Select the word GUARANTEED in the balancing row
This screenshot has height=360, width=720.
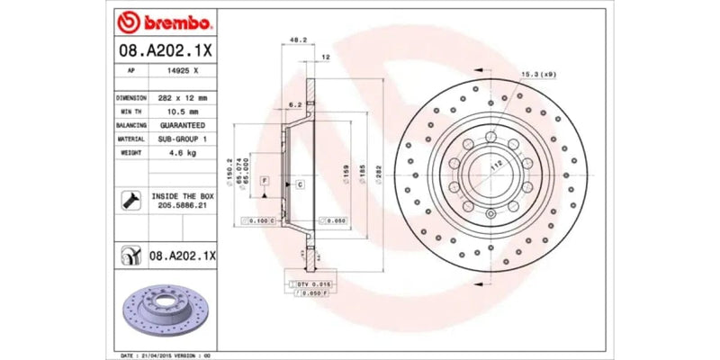[x=182, y=125]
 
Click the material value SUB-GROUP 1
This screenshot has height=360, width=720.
[x=182, y=139]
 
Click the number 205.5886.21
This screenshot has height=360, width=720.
[x=182, y=206]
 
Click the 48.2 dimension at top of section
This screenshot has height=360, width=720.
[x=293, y=40]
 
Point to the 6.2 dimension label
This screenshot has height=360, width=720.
[x=294, y=105]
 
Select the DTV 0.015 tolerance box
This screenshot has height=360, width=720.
[x=315, y=284]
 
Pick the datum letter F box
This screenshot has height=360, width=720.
[x=265, y=181]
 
